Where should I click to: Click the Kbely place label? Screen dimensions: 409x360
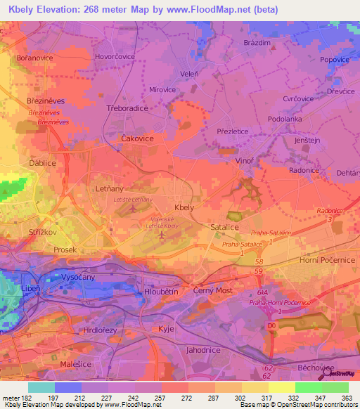coord(184,208)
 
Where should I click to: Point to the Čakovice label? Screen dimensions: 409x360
coord(138,138)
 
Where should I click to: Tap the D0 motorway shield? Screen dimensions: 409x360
coord(273,325)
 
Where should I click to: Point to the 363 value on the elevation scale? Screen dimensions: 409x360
coord(346,398)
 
